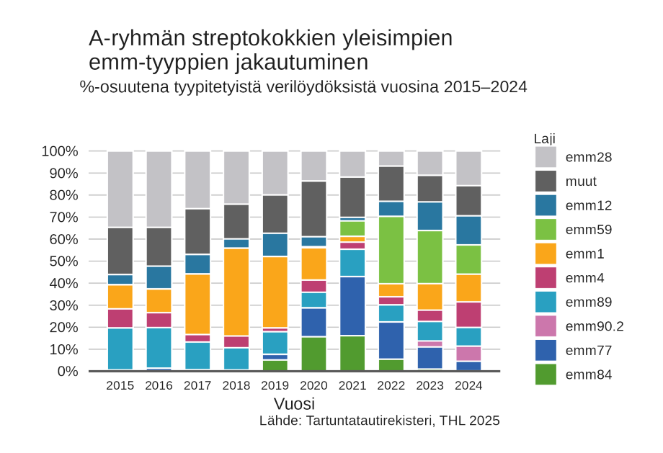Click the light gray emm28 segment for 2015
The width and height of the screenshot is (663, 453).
pyautogui.click(x=120, y=189)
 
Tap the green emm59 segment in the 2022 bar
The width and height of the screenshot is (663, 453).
pyautogui.click(x=391, y=250)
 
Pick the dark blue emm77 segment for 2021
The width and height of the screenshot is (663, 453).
pyautogui.click(x=352, y=306)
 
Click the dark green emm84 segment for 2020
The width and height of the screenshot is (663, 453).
pyautogui.click(x=313, y=354)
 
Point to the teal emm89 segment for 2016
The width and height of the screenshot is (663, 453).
pyautogui.click(x=159, y=347)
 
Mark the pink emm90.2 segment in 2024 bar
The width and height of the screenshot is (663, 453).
pyautogui.click(x=468, y=354)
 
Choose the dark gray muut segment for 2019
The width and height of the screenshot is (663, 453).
pyautogui.click(x=275, y=214)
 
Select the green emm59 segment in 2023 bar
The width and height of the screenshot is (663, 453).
pyautogui.click(x=430, y=256)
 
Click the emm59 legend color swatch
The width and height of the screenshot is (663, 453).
pyautogui.click(x=546, y=230)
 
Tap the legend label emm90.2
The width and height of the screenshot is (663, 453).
pyautogui.click(x=595, y=326)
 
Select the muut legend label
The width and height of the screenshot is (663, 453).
pyautogui.click(x=581, y=181)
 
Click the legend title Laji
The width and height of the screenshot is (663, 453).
pyautogui.click(x=544, y=138)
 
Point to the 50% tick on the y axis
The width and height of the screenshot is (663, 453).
pyautogui.click(x=60, y=261)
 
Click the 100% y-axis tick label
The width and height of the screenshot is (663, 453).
pyautogui.click(x=60, y=151)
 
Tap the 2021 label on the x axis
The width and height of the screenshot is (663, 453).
pyautogui.click(x=352, y=385)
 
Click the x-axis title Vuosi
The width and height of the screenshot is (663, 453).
pyautogui.click(x=294, y=403)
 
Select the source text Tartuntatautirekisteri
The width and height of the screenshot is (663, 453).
pyautogui.click(x=370, y=421)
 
